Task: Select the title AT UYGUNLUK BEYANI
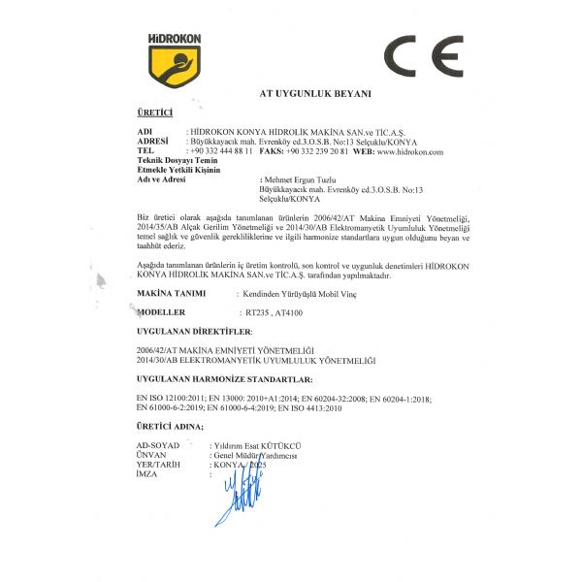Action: tap(315, 94)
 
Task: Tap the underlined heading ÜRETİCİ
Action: tap(155, 114)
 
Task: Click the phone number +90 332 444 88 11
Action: tap(222, 152)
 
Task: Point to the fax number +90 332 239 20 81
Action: tap(317, 152)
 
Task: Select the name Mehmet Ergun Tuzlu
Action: tap(310, 181)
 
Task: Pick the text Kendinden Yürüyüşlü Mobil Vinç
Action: tap(295, 293)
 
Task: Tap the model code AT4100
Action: tap(289, 314)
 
